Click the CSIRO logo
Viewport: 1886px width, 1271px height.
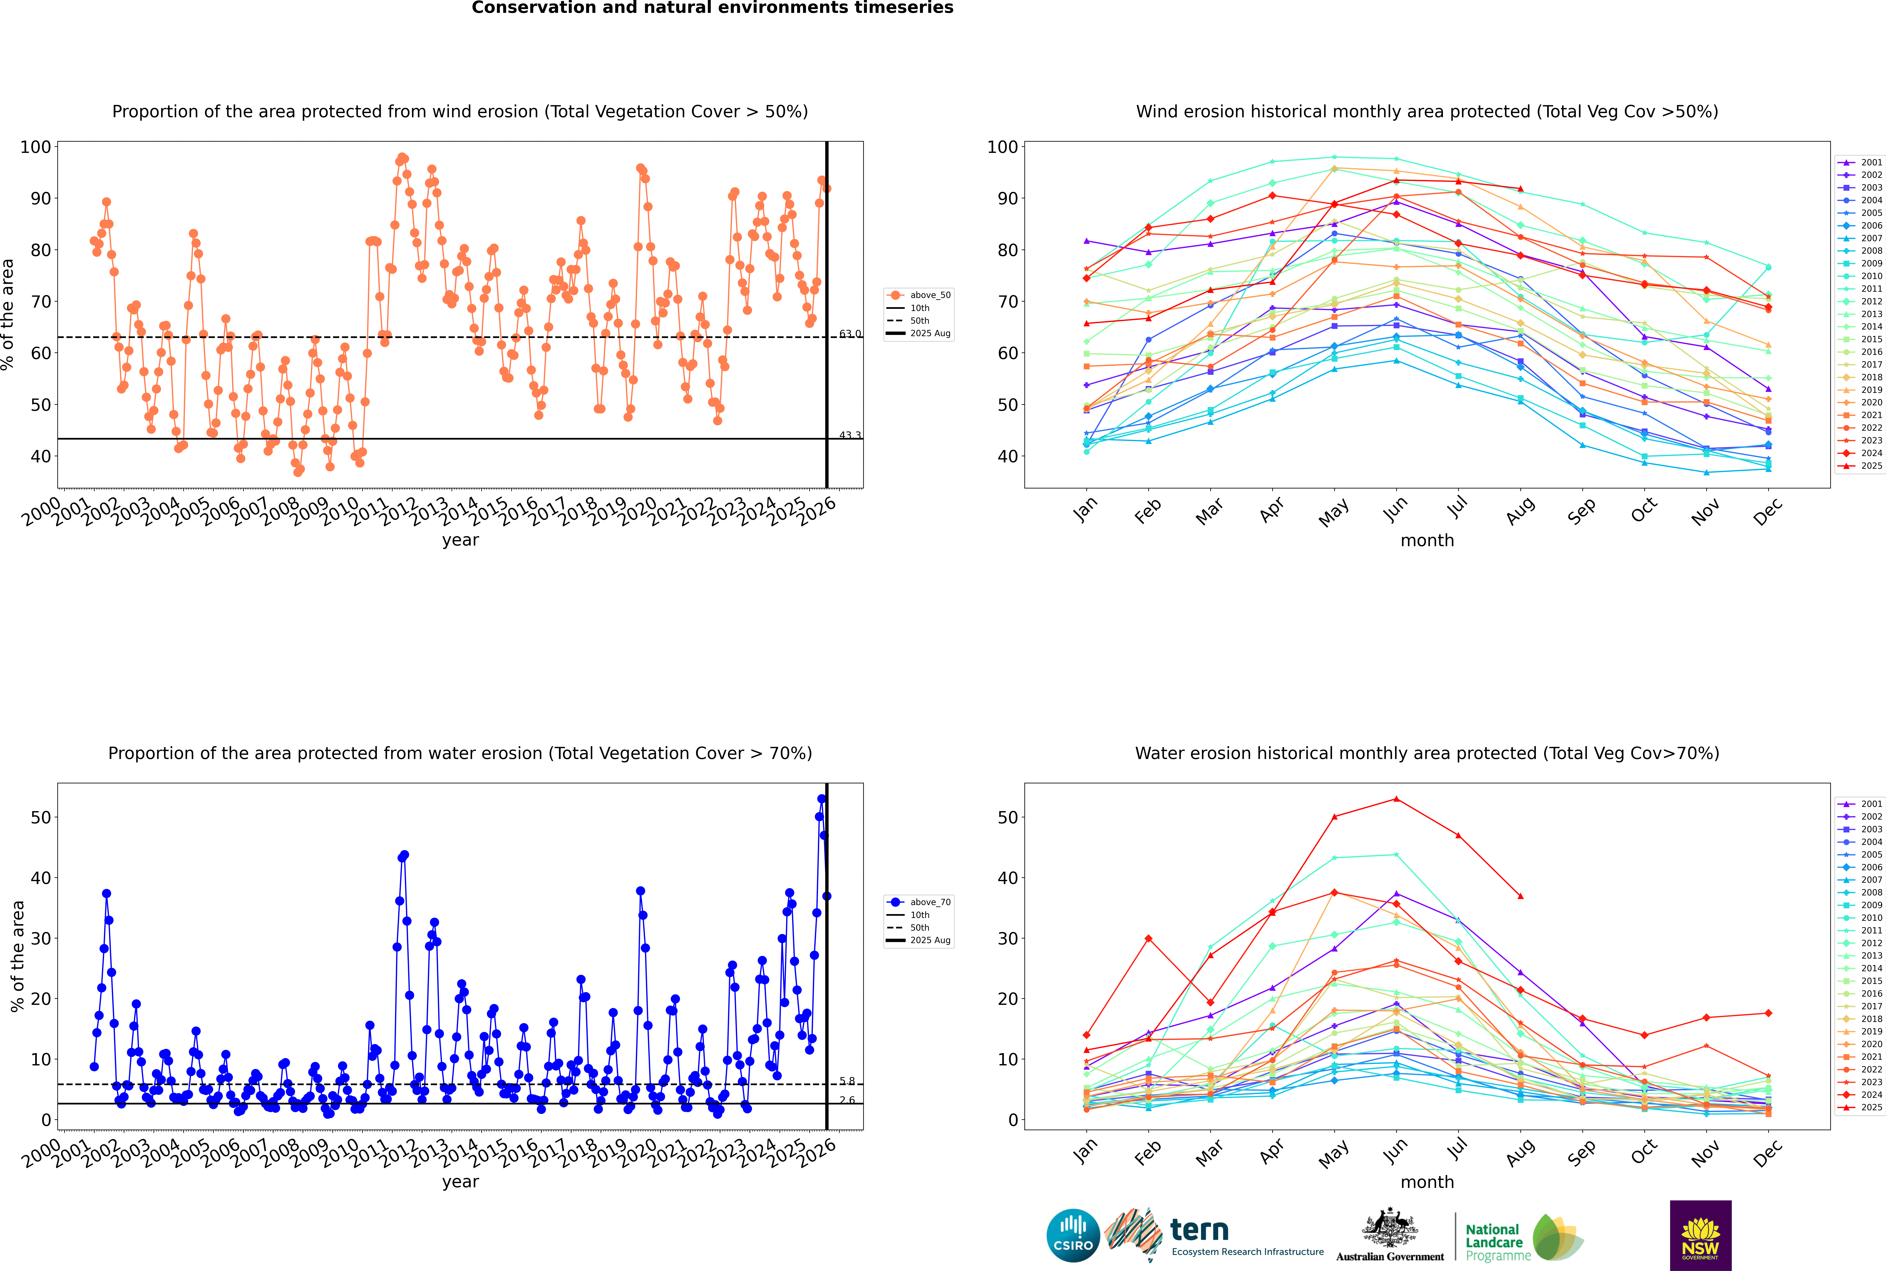(x=1073, y=1235)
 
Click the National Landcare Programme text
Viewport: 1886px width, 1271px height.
(x=1494, y=1242)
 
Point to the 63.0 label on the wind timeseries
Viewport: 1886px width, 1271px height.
(x=850, y=334)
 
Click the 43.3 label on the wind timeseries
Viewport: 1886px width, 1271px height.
(x=850, y=435)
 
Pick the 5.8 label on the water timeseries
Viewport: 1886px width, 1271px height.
(x=847, y=1081)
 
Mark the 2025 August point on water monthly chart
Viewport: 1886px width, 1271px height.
(x=1520, y=896)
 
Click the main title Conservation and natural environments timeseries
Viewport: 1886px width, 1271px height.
(x=712, y=8)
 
